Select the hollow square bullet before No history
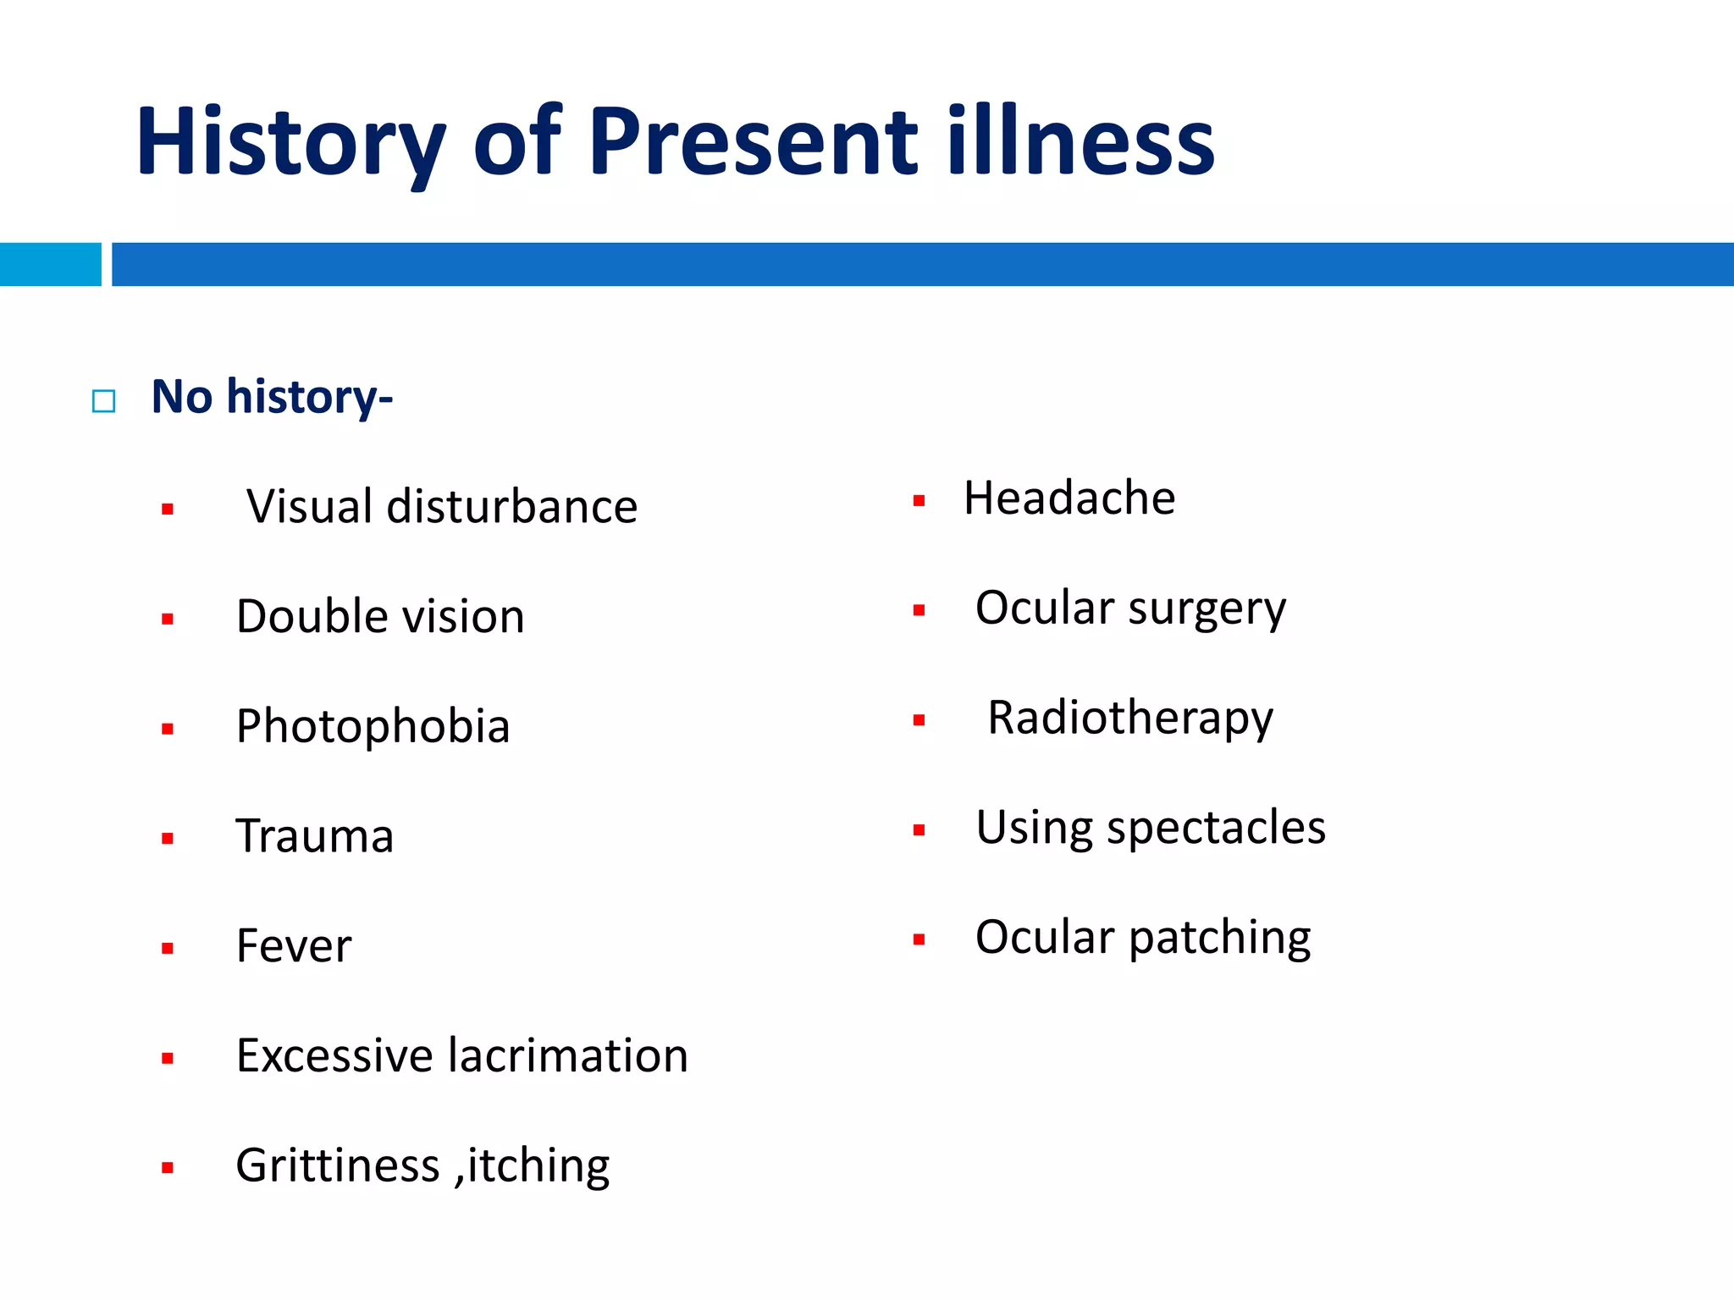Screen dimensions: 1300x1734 (103, 400)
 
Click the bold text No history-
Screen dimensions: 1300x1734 (272, 396)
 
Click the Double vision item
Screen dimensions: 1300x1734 (380, 616)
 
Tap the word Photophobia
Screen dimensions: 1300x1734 (373, 726)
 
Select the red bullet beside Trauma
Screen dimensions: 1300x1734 (168, 838)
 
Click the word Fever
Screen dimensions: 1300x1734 (294, 945)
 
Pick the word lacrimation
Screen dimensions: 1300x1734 (567, 1055)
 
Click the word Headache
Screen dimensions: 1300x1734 (1069, 498)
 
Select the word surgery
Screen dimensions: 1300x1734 (1207, 609)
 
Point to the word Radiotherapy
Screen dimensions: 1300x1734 (1129, 719)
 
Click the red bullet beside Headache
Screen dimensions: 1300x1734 (919, 501)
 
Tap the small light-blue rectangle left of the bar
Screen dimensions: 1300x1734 (50, 264)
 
